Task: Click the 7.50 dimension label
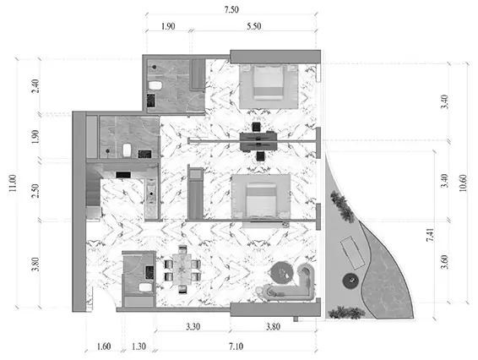[231, 10]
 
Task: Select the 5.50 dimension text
[254, 26]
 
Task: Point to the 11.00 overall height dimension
[13, 183]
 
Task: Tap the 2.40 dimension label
[35, 86]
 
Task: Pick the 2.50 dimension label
[35, 191]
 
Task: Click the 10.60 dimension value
[463, 183]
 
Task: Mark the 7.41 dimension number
[430, 235]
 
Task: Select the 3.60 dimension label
[445, 262]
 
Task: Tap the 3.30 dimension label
[193, 327]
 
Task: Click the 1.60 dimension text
[104, 346]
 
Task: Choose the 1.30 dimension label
[139, 346]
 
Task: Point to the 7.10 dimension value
[236, 346]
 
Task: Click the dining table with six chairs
[182, 270]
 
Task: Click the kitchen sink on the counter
[151, 194]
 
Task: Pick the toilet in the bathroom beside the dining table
[145, 287]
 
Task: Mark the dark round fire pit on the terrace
[350, 280]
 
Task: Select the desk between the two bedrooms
[258, 141]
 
